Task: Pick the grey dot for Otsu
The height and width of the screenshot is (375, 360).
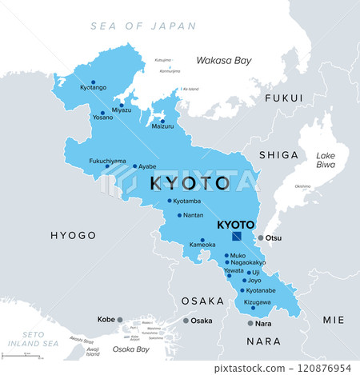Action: click(x=260, y=237)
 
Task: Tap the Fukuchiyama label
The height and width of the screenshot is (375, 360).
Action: click(x=107, y=161)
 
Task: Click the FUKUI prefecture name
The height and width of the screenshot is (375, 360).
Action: click(x=284, y=98)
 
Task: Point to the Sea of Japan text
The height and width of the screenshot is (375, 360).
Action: click(x=143, y=26)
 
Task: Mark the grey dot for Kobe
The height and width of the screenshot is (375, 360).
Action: click(x=121, y=320)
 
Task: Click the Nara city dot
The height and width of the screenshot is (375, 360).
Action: click(x=250, y=323)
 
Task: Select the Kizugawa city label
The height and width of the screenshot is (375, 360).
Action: click(x=258, y=302)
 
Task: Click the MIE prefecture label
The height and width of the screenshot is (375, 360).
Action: click(x=334, y=320)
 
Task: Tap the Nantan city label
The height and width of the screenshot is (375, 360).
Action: click(x=193, y=215)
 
